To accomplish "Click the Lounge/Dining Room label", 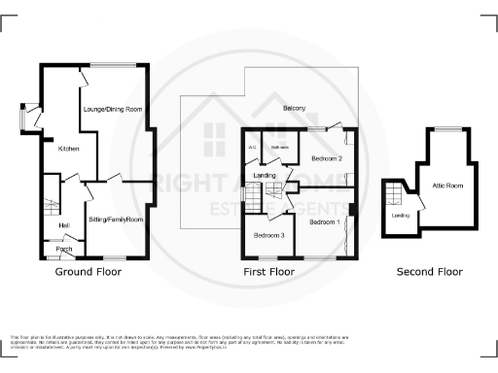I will (x=113, y=110).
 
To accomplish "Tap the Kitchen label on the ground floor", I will (x=68, y=149).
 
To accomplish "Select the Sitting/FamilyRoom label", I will (x=116, y=220).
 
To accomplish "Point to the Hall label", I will (x=63, y=226).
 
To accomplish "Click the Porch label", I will (x=64, y=250).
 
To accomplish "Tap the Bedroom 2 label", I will (x=327, y=156).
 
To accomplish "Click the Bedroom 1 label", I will (x=325, y=221).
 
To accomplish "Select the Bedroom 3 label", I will (x=268, y=235).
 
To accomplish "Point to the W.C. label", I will (x=253, y=148).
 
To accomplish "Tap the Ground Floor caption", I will (x=89, y=272).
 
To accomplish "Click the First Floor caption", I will (x=268, y=273).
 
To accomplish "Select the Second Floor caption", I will (x=430, y=273).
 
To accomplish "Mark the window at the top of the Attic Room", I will (x=447, y=129).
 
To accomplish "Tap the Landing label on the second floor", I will (x=399, y=216).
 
